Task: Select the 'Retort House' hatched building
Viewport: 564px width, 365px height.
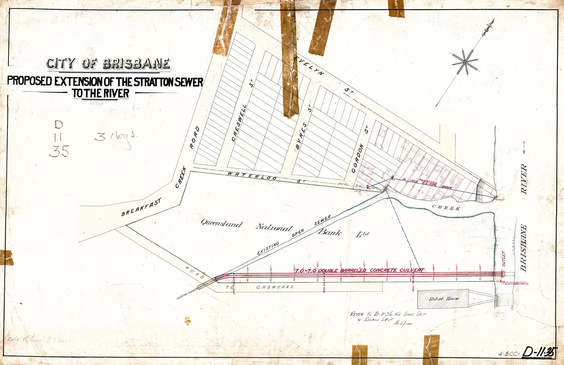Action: tap(443, 299)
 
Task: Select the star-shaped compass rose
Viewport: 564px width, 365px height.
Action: tap(465, 62)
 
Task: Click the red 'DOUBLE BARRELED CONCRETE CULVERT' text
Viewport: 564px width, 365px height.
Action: tap(359, 270)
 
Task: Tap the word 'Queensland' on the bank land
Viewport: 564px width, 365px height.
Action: tap(221, 224)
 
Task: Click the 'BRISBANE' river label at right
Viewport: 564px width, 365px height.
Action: tap(523, 248)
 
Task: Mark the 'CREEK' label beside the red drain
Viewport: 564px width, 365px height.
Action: tap(446, 207)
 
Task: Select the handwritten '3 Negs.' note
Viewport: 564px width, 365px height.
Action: tap(115, 138)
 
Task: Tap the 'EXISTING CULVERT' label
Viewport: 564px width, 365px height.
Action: tap(188, 293)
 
